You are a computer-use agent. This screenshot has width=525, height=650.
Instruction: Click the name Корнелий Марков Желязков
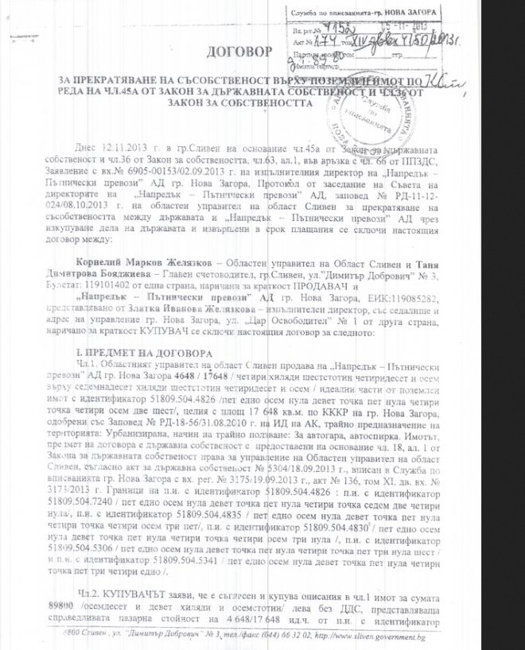[x=129, y=261]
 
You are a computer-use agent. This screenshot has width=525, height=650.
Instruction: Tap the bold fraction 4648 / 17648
[x=198, y=374]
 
